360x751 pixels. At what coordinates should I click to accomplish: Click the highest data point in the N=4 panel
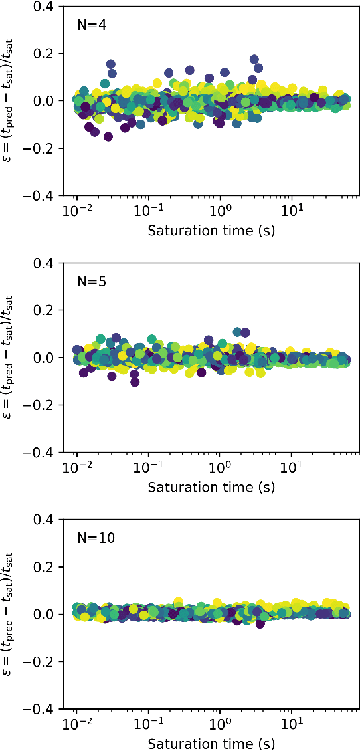(254, 60)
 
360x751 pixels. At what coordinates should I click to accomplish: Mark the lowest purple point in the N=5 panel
(135, 382)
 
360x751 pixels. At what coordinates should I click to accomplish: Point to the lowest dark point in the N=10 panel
(260, 623)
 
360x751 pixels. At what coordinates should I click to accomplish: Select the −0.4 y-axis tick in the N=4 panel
(43, 195)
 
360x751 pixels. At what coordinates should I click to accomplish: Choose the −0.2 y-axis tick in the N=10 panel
(43, 662)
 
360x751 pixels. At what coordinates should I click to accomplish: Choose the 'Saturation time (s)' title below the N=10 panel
(211, 743)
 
